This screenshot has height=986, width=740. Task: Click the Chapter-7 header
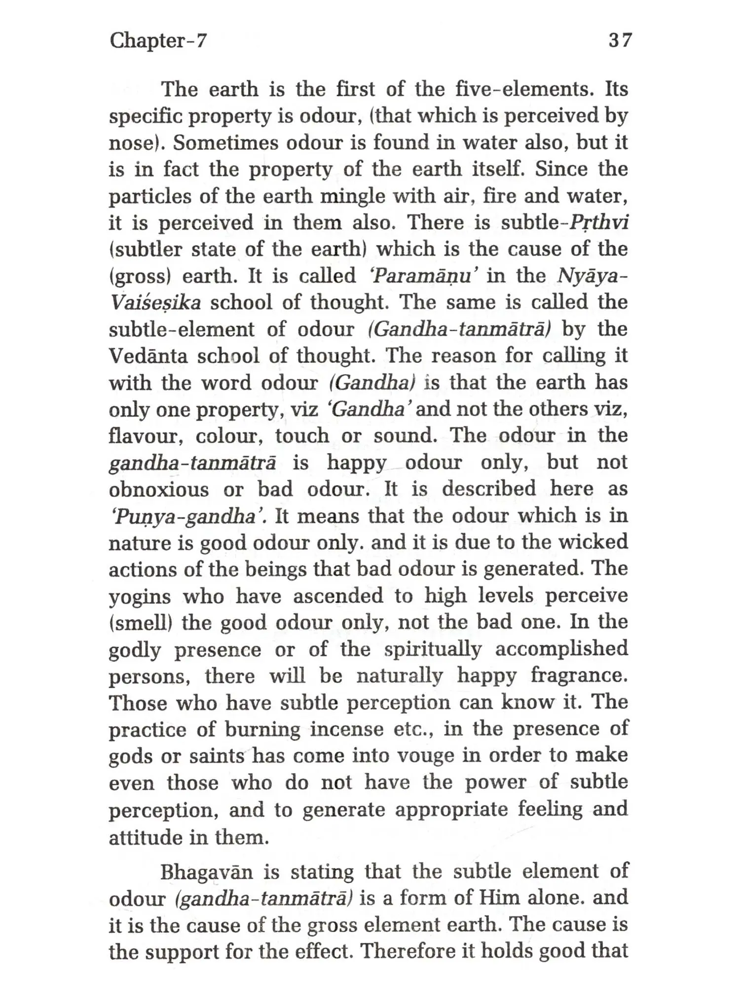tap(158, 40)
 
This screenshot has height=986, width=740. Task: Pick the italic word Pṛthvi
tap(599, 223)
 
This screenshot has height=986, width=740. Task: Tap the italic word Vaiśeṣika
tap(155, 303)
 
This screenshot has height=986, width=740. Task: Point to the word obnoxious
tap(159, 490)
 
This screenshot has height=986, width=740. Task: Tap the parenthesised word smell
tap(140, 623)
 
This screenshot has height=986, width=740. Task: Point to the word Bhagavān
tap(207, 872)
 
